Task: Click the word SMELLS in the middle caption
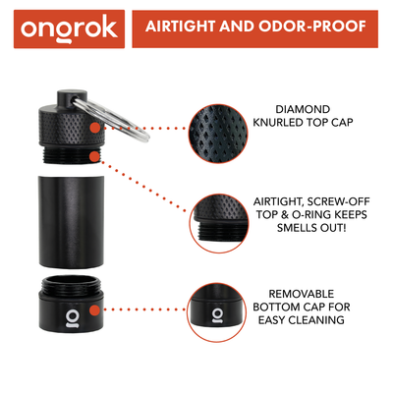point(289,229)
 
